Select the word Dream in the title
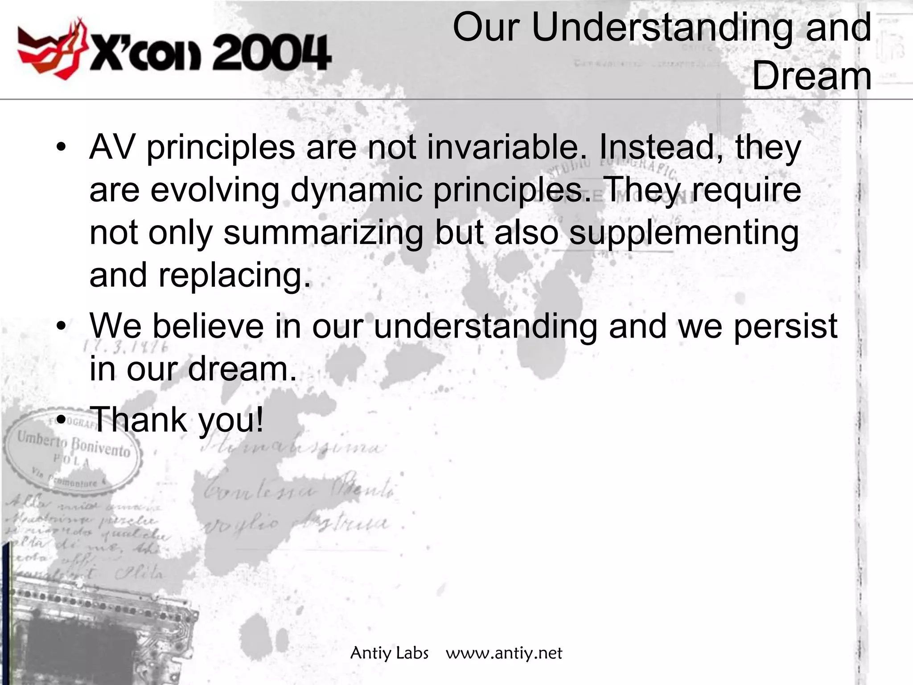click(811, 77)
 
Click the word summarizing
click(323, 233)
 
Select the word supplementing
click(684, 233)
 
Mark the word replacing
click(234, 276)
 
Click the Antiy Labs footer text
click(389, 653)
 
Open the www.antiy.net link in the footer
click(504, 653)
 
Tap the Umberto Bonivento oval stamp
click(71, 455)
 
